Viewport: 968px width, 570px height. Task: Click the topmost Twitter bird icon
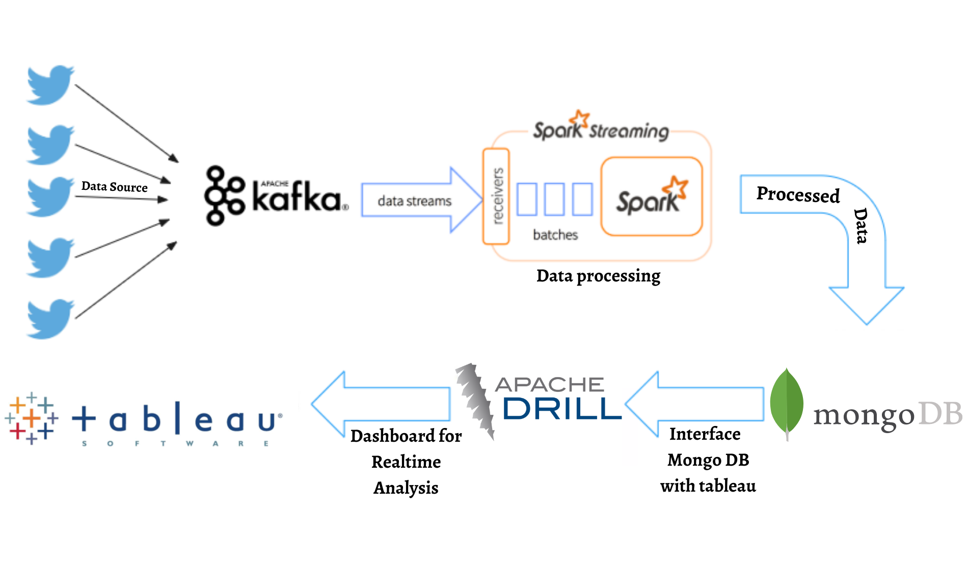[x=50, y=85]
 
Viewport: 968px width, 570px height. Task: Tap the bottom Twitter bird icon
[x=50, y=319]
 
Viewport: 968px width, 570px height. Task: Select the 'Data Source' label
[x=114, y=187]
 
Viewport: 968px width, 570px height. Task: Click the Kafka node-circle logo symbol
[x=223, y=195]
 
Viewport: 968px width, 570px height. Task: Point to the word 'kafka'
[x=297, y=197]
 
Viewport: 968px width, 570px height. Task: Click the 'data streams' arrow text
[x=414, y=201]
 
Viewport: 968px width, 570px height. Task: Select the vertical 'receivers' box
[x=496, y=196]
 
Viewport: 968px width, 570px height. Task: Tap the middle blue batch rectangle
[x=554, y=199]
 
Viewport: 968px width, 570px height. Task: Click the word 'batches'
[x=555, y=235]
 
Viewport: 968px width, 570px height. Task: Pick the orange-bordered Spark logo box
[x=652, y=196]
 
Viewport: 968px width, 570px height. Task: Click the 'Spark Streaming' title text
[x=601, y=130]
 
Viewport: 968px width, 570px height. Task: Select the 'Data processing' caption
[x=598, y=276]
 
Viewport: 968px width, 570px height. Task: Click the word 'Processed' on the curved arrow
[x=798, y=194]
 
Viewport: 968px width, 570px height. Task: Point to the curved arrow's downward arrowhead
[x=867, y=305]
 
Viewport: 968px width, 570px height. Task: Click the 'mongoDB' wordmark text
[x=886, y=415]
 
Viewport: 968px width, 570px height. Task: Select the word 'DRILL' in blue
[x=562, y=409]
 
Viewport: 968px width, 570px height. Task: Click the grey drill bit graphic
[x=475, y=400]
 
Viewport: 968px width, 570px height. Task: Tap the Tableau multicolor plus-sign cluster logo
[x=32, y=418]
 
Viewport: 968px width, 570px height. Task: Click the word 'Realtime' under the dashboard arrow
[x=406, y=462]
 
